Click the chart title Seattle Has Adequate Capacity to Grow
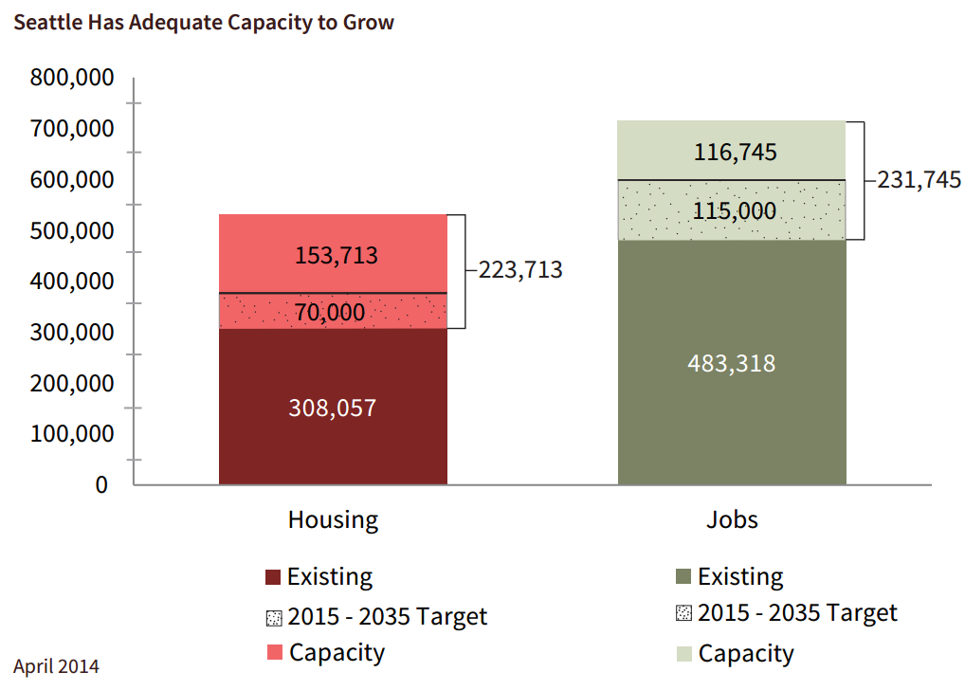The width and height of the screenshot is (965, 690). pos(204,22)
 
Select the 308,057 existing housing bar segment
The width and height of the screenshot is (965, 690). pos(333,407)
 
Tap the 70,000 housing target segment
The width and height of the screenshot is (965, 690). pos(333,311)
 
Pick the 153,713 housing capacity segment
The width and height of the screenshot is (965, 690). pos(333,254)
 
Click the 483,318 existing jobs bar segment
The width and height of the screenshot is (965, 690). pos(732,362)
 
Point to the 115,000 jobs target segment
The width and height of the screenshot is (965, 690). pos(732,210)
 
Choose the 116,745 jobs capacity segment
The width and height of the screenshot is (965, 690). pos(732,151)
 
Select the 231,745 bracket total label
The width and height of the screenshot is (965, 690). pos(918,180)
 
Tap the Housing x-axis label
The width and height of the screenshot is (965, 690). pos(333,519)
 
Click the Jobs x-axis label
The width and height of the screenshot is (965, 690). pos(732,519)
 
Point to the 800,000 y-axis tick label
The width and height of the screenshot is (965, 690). pos(72,77)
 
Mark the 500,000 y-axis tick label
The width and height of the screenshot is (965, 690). pos(72,230)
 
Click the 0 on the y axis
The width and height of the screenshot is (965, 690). pos(101,484)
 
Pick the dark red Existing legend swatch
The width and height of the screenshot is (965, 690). pos(274,577)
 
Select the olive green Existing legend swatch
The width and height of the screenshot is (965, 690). pos(683,577)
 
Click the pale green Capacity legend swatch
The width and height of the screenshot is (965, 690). pos(683,653)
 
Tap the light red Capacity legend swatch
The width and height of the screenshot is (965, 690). pos(274,653)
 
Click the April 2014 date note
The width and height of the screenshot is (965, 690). pos(56,666)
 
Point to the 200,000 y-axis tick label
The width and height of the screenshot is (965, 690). pos(72,383)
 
